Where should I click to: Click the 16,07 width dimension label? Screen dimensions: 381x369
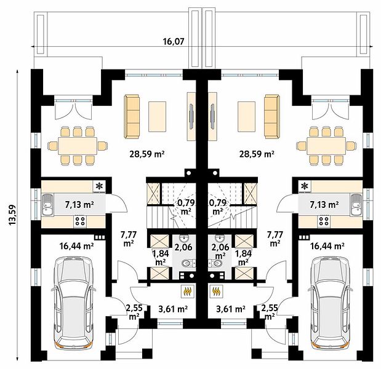173,42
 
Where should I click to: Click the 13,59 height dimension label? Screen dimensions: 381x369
12,215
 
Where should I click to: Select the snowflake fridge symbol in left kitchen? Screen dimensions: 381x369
99,186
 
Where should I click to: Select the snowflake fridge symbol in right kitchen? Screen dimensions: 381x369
304,186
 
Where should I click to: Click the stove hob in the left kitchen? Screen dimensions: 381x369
80,221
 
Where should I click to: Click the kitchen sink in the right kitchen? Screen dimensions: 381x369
356,205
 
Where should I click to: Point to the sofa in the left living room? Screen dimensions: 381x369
132,116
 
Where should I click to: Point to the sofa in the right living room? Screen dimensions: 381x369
272,116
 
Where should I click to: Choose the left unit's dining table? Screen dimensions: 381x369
78,145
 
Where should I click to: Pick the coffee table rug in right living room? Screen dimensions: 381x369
247,117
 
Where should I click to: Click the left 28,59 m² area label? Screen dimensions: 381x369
147,154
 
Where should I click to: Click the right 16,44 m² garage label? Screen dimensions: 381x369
327,247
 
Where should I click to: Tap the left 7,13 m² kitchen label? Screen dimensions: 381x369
79,205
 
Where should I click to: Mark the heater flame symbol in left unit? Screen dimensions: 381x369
188,291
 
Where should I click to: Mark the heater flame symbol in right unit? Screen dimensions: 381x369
216,291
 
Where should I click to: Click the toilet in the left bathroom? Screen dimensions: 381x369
188,263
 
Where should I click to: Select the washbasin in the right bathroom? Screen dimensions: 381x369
220,238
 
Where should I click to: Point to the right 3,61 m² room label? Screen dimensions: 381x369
231,309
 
